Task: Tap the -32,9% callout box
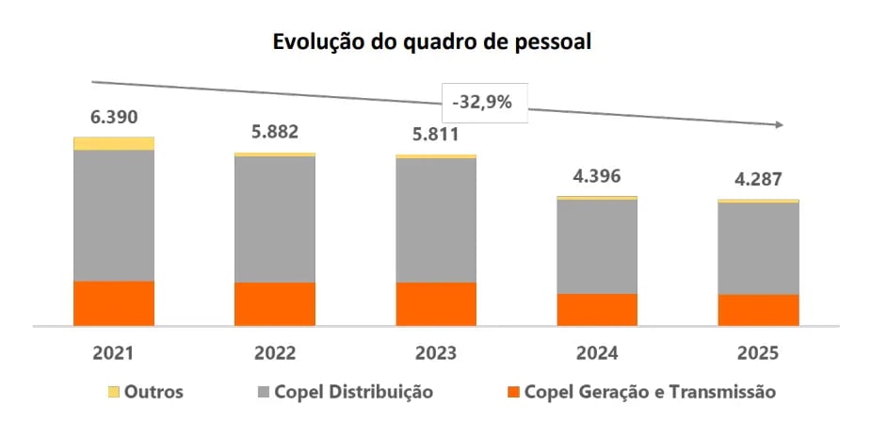coord(481,102)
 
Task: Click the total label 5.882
coord(275,133)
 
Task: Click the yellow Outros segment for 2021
coord(114,143)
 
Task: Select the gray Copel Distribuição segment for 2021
coord(114,215)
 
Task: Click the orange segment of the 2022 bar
coord(275,303)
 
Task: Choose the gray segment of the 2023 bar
coord(436,219)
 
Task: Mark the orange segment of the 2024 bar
coord(597,309)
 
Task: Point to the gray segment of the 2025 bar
coord(758,249)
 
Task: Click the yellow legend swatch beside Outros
coord(113,391)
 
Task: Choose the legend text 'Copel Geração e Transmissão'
coord(650,391)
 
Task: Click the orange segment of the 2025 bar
coord(758,310)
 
